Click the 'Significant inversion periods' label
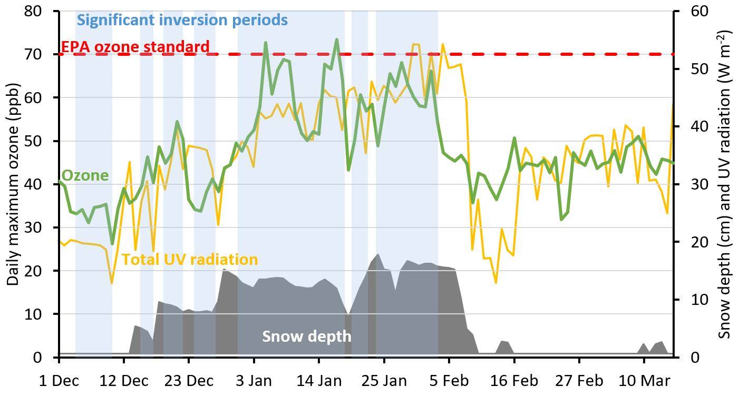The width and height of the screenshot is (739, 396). point(182,21)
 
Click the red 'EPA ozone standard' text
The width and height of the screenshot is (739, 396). point(135,47)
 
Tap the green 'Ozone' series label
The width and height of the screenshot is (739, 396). point(85,175)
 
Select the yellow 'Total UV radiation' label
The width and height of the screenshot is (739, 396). point(190,260)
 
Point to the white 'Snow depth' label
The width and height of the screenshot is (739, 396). point(306,336)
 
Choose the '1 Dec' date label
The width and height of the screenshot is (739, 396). point(59,380)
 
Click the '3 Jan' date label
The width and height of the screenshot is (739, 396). point(254,380)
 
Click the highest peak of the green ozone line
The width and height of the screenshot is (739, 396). point(337,39)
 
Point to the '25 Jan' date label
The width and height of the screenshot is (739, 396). point(384,380)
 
